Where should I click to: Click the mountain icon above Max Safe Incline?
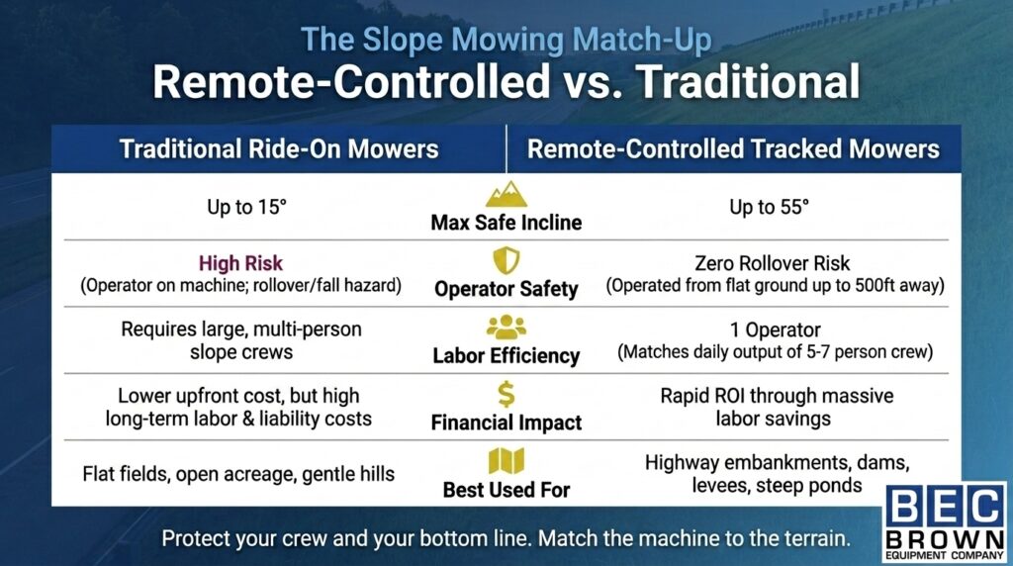coord(506,192)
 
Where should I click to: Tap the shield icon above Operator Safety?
coord(506,260)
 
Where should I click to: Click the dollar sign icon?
coord(506,395)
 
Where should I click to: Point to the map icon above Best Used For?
coord(506,461)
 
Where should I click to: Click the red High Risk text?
coord(240,264)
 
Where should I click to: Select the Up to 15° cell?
coord(240,208)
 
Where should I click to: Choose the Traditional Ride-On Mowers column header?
coord(278,149)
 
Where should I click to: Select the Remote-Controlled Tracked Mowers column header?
coord(733,149)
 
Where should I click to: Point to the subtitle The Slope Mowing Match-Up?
coord(506,41)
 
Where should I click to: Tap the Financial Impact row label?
coord(506,423)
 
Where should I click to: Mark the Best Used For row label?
coord(506,489)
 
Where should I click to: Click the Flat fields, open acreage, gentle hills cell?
coord(239,474)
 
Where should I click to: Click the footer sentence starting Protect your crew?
coord(506,540)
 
